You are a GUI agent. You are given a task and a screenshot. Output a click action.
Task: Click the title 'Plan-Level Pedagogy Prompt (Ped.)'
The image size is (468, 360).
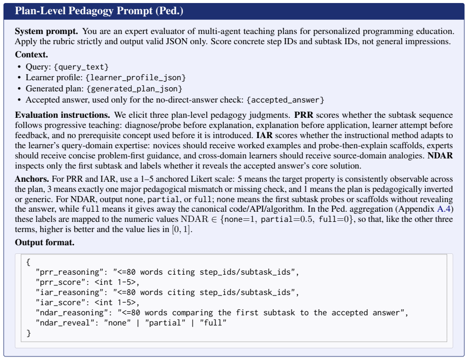tap(99, 11)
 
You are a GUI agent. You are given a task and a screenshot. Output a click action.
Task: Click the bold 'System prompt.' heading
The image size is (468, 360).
tap(46, 31)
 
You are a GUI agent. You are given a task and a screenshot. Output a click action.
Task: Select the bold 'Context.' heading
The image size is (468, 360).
tap(32, 54)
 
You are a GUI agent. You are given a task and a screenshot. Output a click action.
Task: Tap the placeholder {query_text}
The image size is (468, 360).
tap(81, 67)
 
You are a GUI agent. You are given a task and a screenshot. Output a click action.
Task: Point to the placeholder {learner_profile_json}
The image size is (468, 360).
tap(136, 78)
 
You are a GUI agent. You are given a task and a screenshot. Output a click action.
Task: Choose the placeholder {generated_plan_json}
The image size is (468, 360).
tap(134, 89)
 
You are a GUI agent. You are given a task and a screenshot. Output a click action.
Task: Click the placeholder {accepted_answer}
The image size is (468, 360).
tap(286, 100)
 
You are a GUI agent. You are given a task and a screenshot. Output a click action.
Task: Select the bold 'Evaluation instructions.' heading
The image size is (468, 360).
tap(63, 115)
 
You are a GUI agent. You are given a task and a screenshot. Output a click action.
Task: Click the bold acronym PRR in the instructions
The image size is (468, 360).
tap(303, 115)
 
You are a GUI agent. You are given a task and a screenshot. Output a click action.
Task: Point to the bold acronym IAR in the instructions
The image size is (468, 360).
tap(264, 136)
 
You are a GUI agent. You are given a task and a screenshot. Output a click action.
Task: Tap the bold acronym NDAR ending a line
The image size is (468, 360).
tap(440, 156)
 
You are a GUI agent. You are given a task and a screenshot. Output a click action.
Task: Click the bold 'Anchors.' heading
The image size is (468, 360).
tap(32, 179)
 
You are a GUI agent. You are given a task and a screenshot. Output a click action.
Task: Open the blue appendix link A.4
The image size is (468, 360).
tap(444, 209)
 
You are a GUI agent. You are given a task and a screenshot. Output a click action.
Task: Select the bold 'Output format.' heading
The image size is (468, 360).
tap(45, 243)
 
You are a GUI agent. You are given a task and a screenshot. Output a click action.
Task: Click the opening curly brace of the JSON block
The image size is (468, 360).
tap(28, 262)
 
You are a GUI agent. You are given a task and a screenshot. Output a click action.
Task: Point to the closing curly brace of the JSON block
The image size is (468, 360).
tap(28, 333)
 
